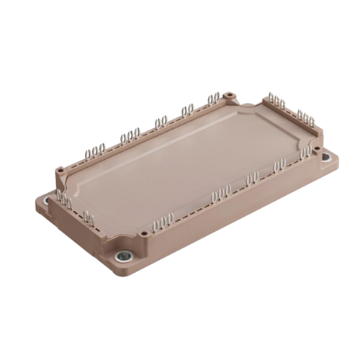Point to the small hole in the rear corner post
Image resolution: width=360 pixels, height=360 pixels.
pyautogui.click(x=229, y=94)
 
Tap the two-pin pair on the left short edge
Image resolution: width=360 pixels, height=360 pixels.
pyautogui.click(x=89, y=215)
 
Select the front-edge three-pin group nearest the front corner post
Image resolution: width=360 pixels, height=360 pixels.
pyautogui.click(x=164, y=220)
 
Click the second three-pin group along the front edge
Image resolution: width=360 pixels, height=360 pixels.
pyautogui.click(x=220, y=192)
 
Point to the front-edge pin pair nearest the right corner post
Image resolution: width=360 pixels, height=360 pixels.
pyautogui.click(x=279, y=165)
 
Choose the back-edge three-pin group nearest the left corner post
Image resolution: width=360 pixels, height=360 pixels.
pyautogui.click(x=94, y=150)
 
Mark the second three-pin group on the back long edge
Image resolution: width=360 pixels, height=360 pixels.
pyautogui.click(x=130, y=135)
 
